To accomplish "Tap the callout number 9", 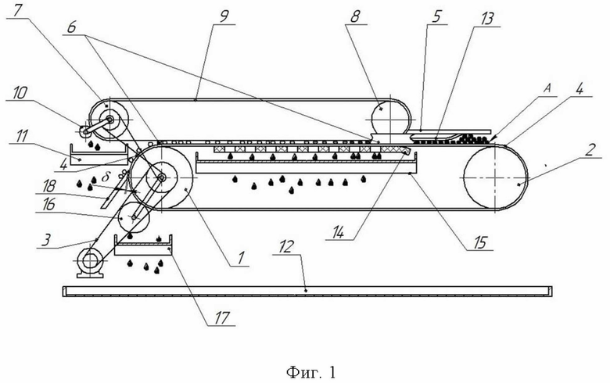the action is [224, 16].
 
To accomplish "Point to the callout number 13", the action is [486, 19].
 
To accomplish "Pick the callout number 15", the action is [480, 243].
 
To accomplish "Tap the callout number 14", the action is [339, 232].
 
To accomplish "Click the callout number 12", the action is [286, 247].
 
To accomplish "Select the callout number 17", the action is [222, 318].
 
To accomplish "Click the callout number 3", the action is [46, 239].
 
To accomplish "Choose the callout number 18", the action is [48, 186].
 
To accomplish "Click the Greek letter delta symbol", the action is [105, 178].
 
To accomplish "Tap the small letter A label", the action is [547, 88].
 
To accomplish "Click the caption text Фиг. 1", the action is [310, 373].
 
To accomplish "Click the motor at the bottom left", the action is [90, 263].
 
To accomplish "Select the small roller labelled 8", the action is [389, 116].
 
